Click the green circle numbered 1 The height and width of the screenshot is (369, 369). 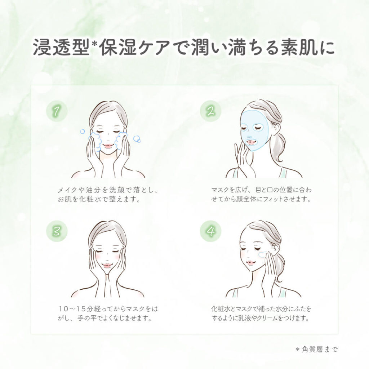(x=57, y=111)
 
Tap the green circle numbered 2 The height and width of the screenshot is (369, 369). (x=210, y=111)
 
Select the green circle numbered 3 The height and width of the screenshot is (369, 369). (x=57, y=231)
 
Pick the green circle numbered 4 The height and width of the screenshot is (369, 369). (x=210, y=231)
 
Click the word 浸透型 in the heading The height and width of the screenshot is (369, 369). (x=61, y=47)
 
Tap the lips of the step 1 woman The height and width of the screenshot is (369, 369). (x=108, y=146)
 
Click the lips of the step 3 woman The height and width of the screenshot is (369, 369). (x=107, y=266)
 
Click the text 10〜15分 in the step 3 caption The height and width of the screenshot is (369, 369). (x=76, y=308)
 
